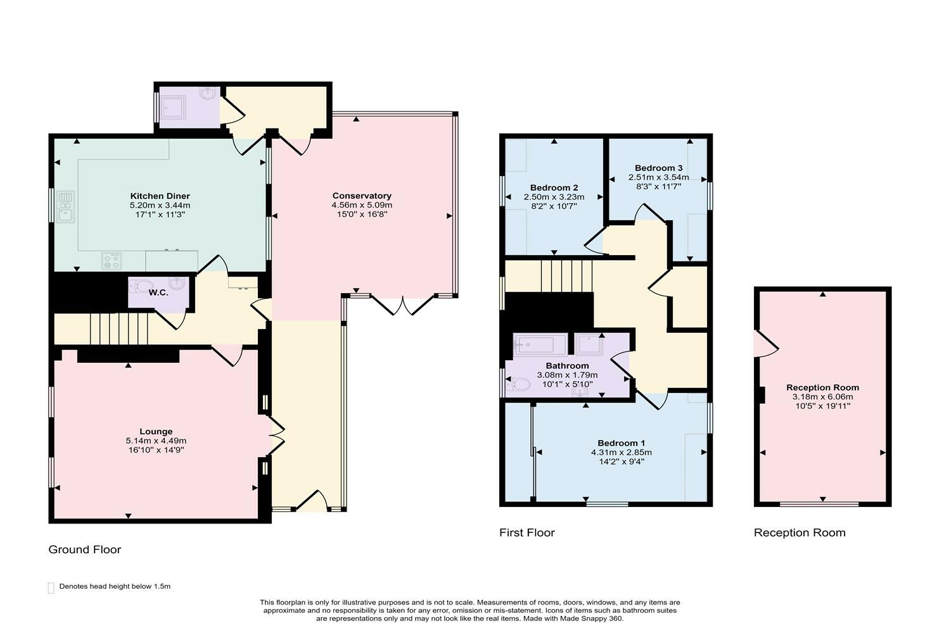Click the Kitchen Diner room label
point(160,196)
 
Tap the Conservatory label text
point(362,196)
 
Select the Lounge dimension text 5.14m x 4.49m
point(156,441)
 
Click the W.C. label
point(158,292)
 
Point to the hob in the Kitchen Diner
point(112,261)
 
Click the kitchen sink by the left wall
point(65,207)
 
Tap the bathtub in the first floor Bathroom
point(540,346)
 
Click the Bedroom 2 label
point(554,188)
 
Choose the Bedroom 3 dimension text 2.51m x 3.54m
point(658,177)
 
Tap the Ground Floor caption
point(84,549)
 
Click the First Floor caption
point(526,533)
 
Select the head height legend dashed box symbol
point(51,587)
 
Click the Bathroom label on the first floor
point(567,366)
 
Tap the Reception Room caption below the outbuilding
point(799,533)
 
